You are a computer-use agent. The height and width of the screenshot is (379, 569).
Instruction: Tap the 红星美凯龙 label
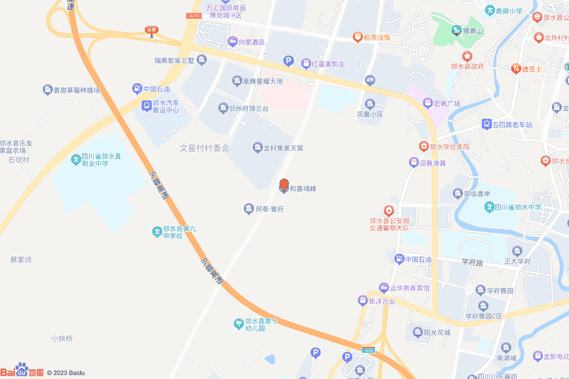pyautogui.click(x=328, y=64)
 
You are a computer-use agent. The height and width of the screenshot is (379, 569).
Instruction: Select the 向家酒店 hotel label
pyautogui.click(x=251, y=42)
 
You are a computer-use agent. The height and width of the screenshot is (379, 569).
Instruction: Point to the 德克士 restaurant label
pyautogui.click(x=531, y=69)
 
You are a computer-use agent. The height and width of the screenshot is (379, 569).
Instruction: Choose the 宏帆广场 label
pyautogui.click(x=447, y=103)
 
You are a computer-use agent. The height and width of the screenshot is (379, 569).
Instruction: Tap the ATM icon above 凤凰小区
pyautogui.click(x=370, y=80)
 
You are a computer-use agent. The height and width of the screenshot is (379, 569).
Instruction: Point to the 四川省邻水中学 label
pyautogui.click(x=517, y=208)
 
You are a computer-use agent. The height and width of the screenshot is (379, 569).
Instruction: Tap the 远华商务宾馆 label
pyautogui.click(x=409, y=288)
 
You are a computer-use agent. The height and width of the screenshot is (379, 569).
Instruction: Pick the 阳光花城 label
pyautogui.click(x=436, y=332)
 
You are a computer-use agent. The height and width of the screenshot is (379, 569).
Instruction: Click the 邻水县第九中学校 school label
pyautogui.click(x=175, y=232)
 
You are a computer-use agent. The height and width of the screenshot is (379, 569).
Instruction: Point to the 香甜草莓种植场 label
pyautogui.click(x=76, y=89)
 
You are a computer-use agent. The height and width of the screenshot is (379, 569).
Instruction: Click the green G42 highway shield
pyautogui.click(x=368, y=350)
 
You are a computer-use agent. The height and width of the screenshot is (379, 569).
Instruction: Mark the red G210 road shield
pyautogui.click(x=193, y=16)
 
